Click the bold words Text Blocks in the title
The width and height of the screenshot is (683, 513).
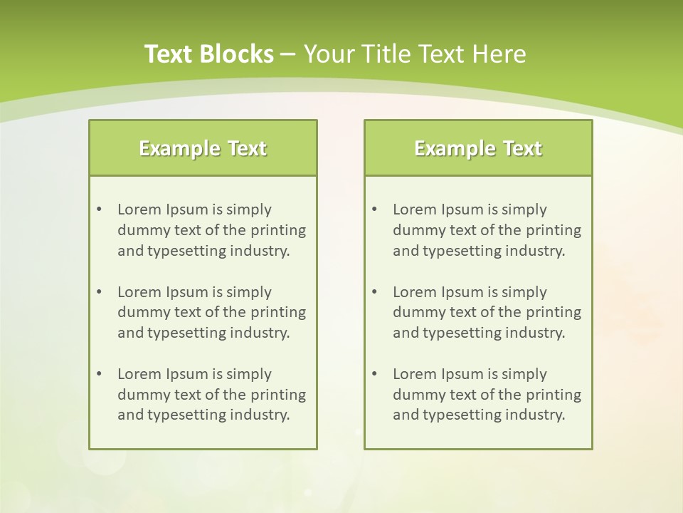[208, 54]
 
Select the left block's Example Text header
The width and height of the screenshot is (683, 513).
[203, 148]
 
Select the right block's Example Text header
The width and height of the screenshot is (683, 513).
[478, 148]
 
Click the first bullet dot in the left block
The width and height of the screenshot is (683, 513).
[99, 209]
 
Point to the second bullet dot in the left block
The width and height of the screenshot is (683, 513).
[99, 292]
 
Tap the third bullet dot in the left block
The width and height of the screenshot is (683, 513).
[99, 374]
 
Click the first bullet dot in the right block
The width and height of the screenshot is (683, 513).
[374, 209]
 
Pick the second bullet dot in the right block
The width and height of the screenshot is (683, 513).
[374, 292]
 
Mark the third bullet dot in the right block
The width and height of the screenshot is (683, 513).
[374, 374]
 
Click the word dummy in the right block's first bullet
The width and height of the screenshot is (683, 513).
[416, 230]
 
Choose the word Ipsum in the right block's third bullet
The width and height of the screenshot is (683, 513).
[463, 374]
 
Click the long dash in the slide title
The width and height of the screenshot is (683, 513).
[288, 54]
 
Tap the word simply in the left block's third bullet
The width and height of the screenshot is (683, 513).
[251, 374]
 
